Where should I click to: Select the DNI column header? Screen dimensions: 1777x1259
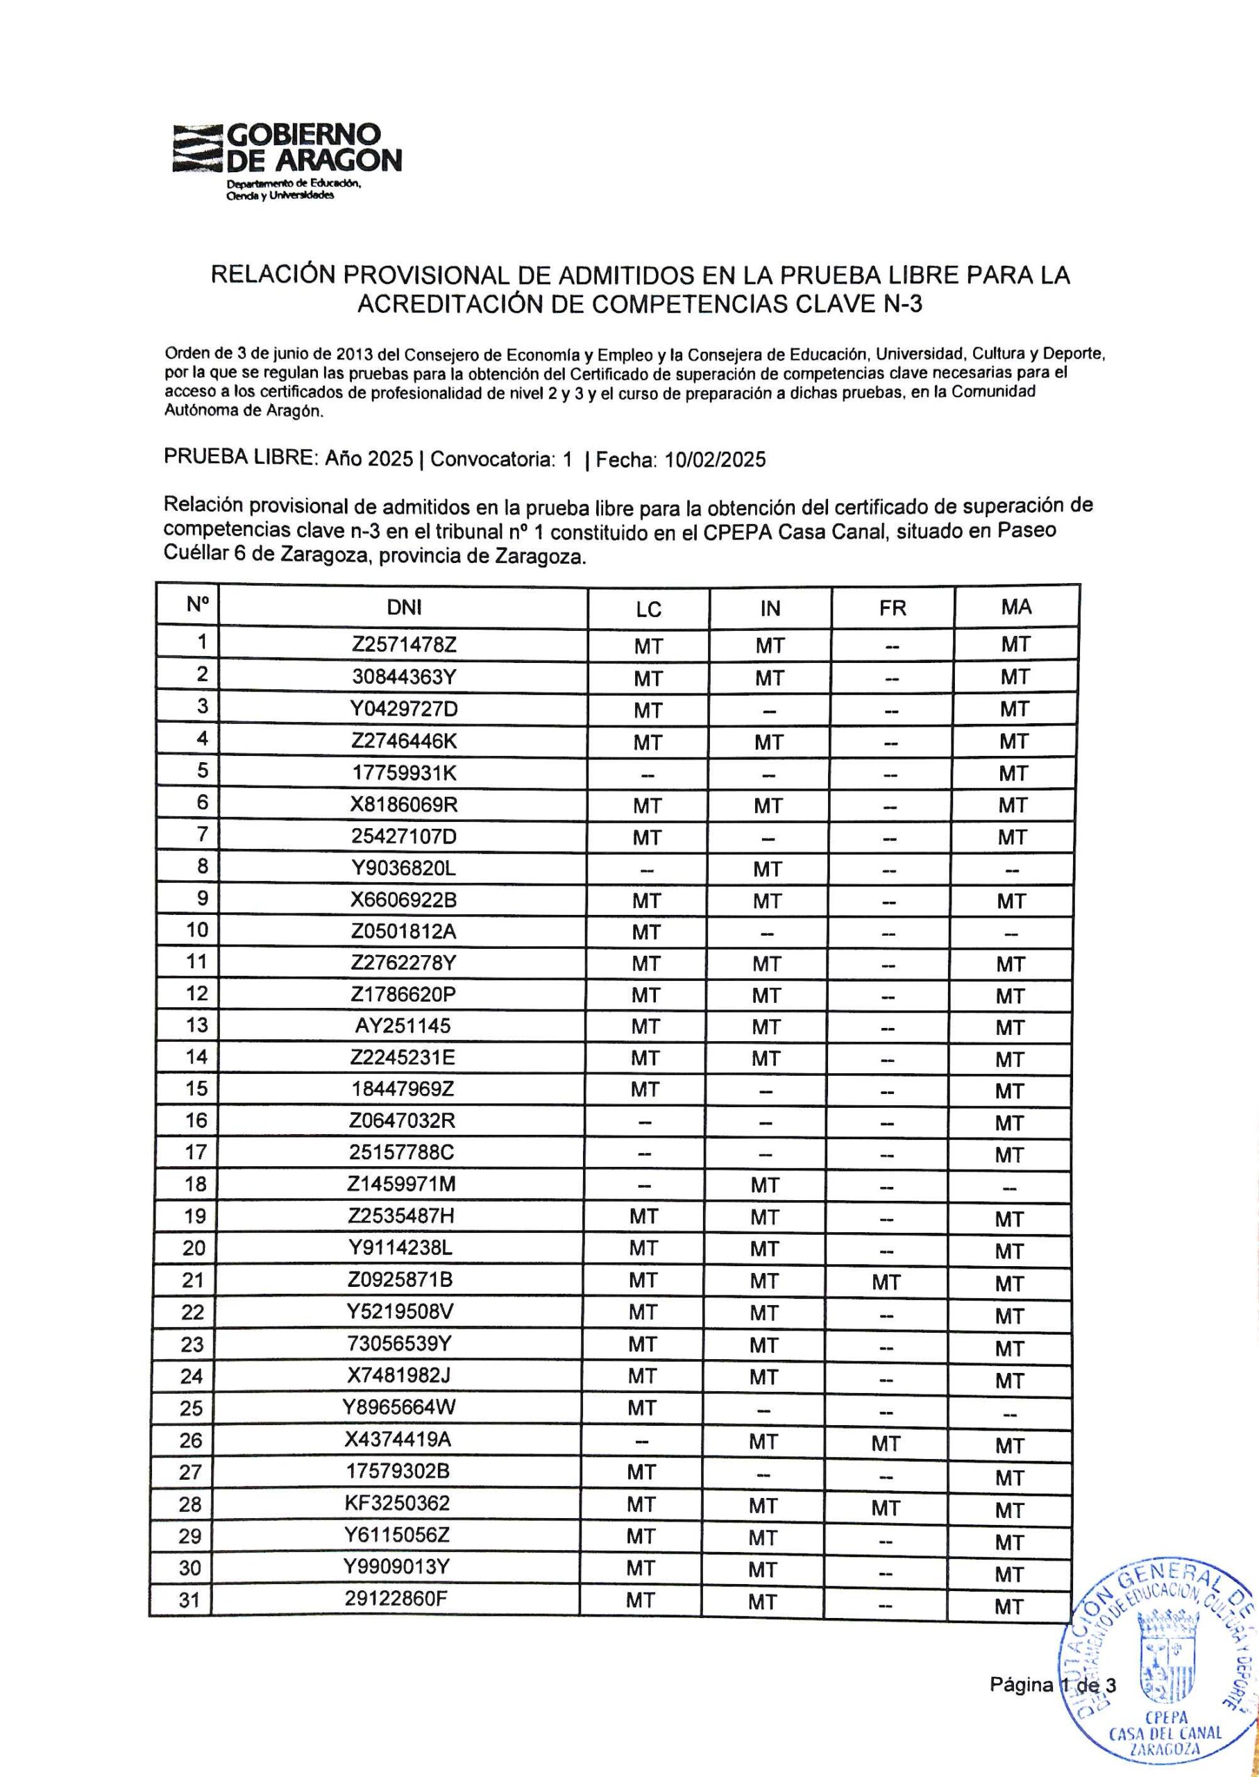point(403,607)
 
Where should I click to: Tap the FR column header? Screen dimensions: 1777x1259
point(893,608)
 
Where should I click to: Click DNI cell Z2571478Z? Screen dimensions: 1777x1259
point(403,644)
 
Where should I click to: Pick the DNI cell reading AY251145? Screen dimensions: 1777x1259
point(403,1025)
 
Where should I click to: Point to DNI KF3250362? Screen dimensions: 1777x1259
point(397,1504)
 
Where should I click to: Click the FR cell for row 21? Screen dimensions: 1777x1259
point(886,1282)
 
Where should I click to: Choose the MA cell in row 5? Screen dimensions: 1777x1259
point(1013,773)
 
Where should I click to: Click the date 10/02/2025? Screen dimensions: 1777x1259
point(715,460)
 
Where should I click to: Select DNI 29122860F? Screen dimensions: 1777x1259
point(396,1598)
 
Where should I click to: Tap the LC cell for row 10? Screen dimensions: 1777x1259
point(645,933)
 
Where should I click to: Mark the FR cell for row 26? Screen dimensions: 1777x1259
point(886,1443)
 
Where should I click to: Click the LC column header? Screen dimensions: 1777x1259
point(648,609)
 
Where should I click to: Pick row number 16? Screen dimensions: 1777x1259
point(196,1120)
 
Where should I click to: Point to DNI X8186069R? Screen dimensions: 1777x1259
point(404,805)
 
